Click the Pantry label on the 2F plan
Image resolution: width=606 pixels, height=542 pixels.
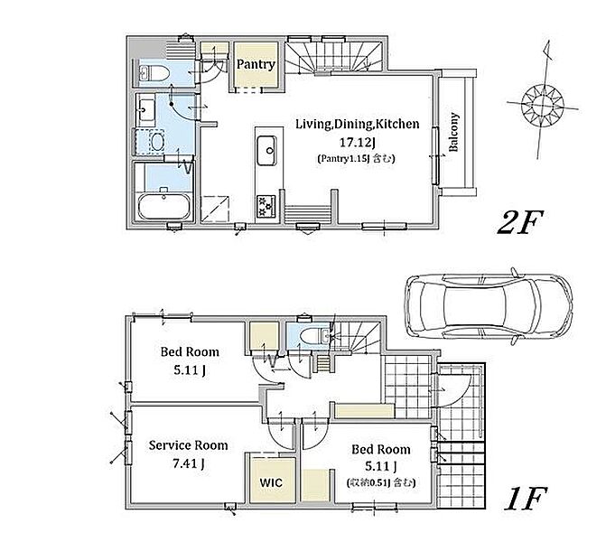pos(256,64)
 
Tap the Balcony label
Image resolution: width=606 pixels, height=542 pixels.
pos(453,132)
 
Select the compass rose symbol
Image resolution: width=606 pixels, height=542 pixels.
pos(543,104)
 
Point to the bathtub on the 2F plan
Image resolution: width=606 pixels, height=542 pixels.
pos(163,206)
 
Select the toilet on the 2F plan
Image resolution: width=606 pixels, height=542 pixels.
pos(154,73)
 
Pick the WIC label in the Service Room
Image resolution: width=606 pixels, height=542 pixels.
pos(271,482)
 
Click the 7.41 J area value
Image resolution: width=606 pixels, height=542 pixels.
pos(188,463)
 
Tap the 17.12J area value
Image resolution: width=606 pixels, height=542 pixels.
pos(357,143)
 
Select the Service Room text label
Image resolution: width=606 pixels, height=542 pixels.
pos(188,445)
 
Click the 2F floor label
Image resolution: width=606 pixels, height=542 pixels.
pos(520,222)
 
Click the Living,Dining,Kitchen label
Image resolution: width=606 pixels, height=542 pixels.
pos(357,124)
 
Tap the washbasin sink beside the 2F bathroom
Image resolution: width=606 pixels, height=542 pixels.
pos(145,109)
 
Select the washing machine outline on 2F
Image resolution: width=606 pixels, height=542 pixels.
pos(150,142)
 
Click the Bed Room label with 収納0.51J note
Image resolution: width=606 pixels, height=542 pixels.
pos(381,449)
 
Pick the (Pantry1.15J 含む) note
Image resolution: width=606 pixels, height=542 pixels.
pos(356,158)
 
